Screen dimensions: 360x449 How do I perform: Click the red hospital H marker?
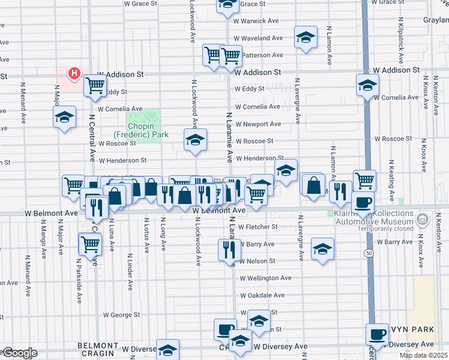tap(74, 74)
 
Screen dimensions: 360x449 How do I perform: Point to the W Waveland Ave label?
tap(259, 38)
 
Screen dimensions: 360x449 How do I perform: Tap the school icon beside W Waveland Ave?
tap(306, 38)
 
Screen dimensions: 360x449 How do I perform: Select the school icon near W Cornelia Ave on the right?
tap(367, 85)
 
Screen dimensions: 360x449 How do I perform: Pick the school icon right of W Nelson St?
tap(322, 249)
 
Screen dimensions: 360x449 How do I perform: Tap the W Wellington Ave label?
tap(265, 278)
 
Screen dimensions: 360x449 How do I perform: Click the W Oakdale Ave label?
tap(262, 295)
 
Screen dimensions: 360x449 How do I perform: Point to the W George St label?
tap(121, 314)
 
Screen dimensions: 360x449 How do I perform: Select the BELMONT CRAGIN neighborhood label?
tap(98, 346)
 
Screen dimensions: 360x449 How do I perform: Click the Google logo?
tap(19, 353)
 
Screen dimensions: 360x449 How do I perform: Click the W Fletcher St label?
tap(258, 227)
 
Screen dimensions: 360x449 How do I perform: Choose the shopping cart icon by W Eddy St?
tap(95, 86)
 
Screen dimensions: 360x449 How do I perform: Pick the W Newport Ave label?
tap(258, 124)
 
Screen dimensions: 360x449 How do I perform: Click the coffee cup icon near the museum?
tap(362, 203)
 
